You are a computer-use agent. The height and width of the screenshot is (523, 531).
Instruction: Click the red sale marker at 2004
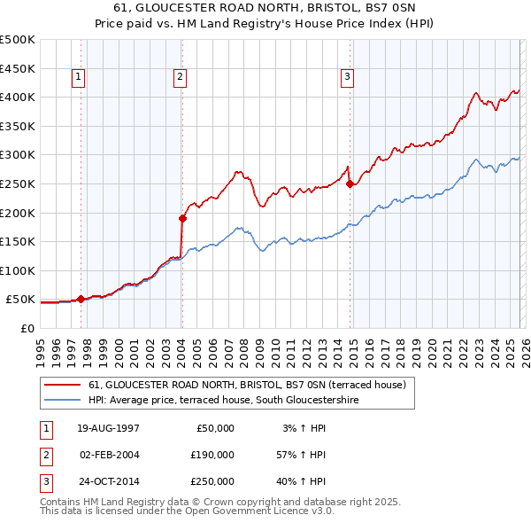click(x=182, y=217)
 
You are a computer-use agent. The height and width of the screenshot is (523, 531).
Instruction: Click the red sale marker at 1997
click(x=81, y=299)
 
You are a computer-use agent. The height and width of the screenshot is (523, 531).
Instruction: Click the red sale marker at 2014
click(x=350, y=184)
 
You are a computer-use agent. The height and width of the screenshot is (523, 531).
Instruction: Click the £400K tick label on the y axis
click(x=18, y=97)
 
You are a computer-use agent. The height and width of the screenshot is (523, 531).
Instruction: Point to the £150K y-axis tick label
click(x=18, y=241)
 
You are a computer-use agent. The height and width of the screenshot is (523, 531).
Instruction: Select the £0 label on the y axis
click(x=27, y=328)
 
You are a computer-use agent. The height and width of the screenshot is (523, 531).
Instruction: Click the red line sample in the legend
click(x=62, y=385)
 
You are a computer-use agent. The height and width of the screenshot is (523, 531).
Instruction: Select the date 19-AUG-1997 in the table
click(x=109, y=428)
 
